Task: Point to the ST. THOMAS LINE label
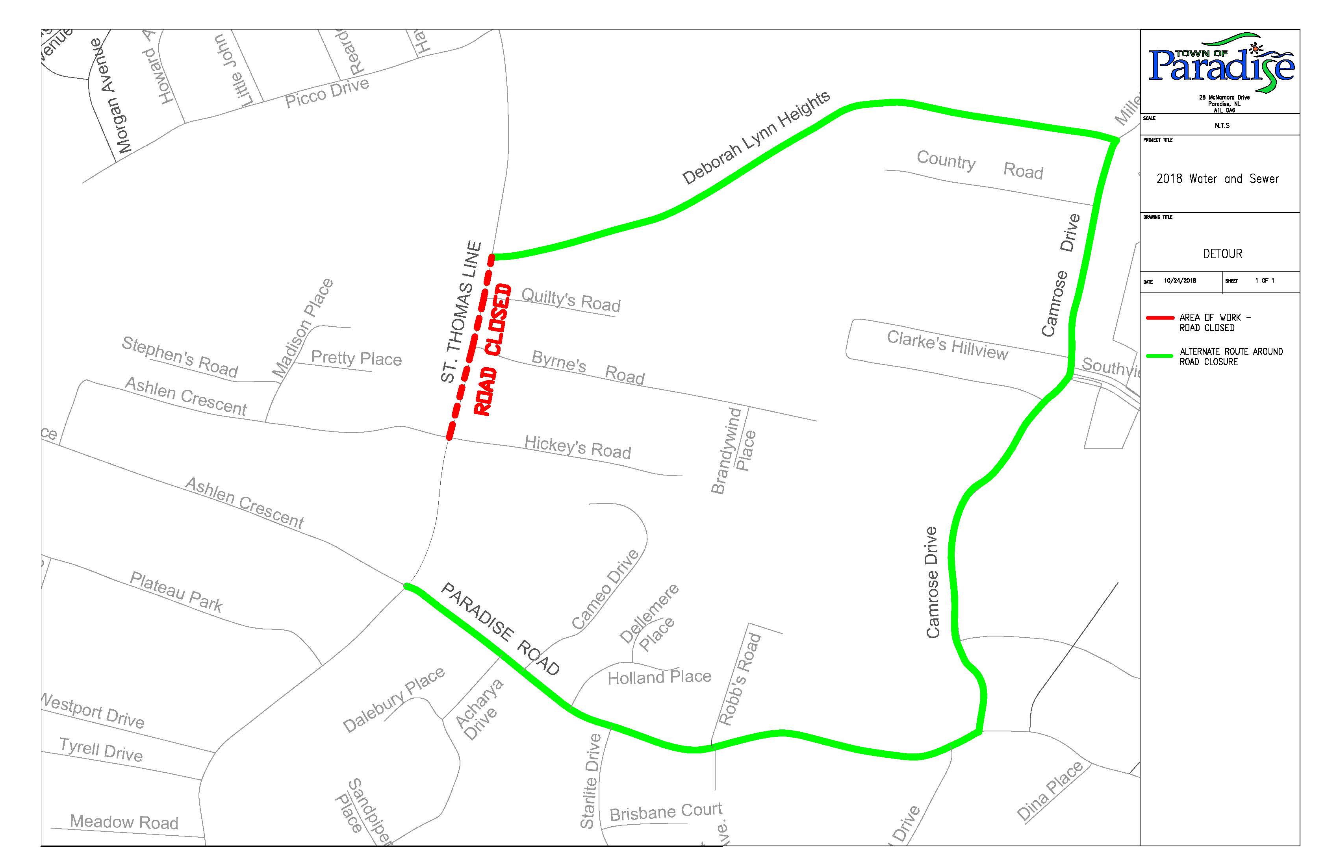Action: coord(461,312)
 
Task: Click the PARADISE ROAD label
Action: coord(500,628)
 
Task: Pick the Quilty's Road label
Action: coord(571,300)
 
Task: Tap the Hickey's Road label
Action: coord(577,448)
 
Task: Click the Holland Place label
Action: coord(659,677)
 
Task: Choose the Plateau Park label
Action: coord(176,592)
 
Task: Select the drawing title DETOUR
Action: coord(1222,254)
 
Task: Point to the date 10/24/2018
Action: coord(1180,281)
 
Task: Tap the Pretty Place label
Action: coord(356,358)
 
